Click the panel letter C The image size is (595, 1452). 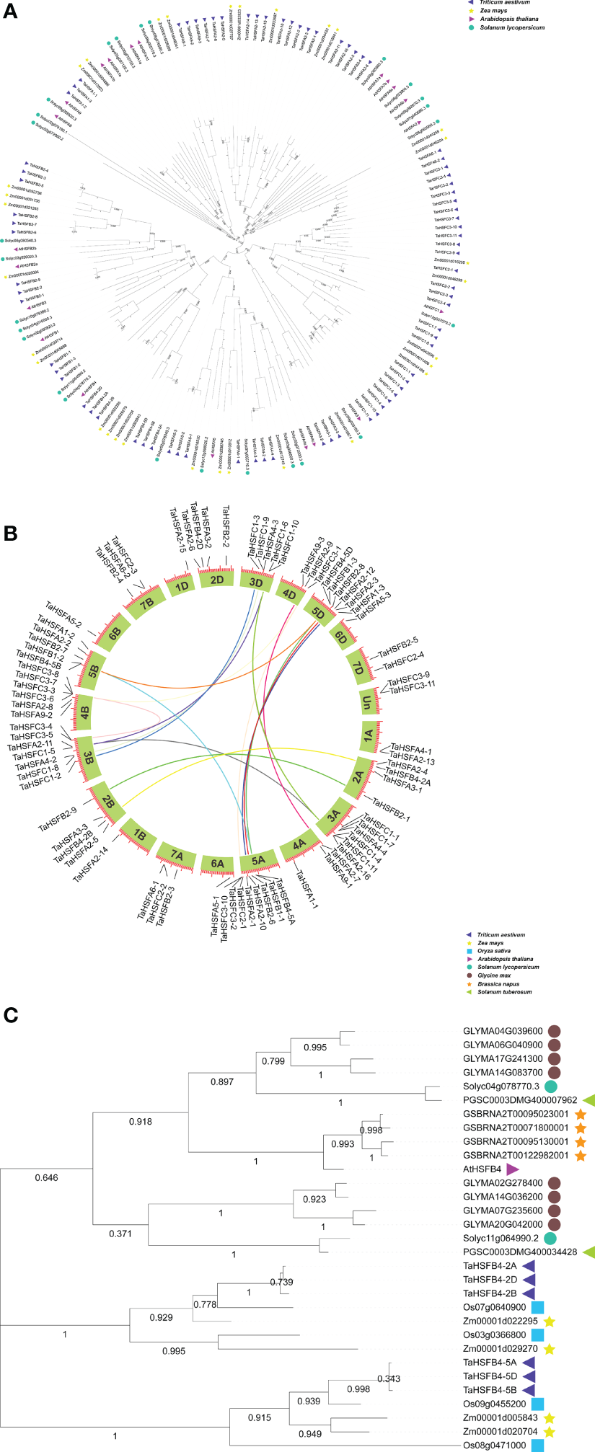[10, 1015]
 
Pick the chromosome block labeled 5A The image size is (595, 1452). [258, 860]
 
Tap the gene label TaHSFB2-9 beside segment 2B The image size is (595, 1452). [58, 819]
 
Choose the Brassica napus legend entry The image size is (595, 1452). [498, 984]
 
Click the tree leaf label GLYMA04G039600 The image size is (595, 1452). [503, 1032]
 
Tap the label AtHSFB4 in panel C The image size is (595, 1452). [482, 1169]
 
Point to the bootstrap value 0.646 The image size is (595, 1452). [46, 1177]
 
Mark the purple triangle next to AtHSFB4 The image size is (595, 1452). [513, 1169]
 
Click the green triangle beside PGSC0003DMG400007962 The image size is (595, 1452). [589, 1100]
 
